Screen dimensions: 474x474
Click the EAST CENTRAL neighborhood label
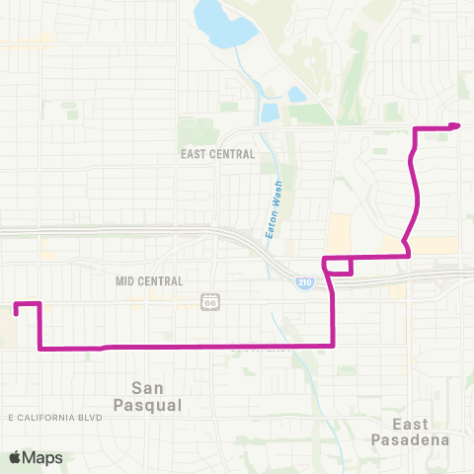218,154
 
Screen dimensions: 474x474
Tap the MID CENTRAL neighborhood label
149,280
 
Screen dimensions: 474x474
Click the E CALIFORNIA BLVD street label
55,418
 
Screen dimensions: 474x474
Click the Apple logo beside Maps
15,457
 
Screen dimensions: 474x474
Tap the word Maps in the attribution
42,457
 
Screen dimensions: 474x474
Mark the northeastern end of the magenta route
459,124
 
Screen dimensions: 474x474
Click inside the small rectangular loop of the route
338,266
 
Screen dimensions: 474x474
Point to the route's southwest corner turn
39,348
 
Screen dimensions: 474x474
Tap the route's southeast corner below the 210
333,345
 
